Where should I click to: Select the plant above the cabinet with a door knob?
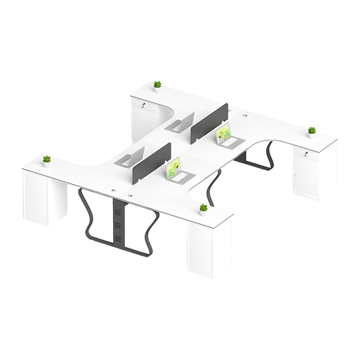pos(311,132)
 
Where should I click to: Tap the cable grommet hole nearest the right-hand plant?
pos(245,116)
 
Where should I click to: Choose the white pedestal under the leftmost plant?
pos(44,199)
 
